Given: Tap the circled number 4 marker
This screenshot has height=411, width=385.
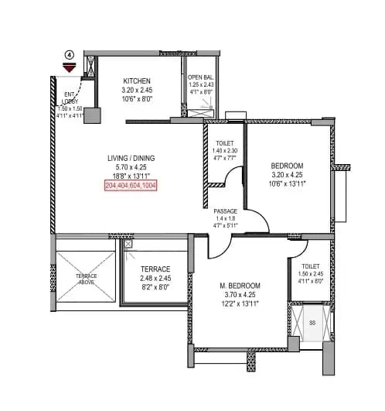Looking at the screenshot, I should (69, 55).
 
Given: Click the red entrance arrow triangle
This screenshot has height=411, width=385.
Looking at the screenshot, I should (69, 69).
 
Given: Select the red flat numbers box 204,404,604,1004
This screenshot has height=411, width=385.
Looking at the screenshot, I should (131, 186).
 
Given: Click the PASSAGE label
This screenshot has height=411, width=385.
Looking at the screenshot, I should (225, 211).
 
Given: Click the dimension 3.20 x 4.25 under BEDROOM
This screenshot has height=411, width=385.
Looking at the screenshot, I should (286, 175).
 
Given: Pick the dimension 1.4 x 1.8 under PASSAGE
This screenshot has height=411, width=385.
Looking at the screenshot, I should (225, 219).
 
